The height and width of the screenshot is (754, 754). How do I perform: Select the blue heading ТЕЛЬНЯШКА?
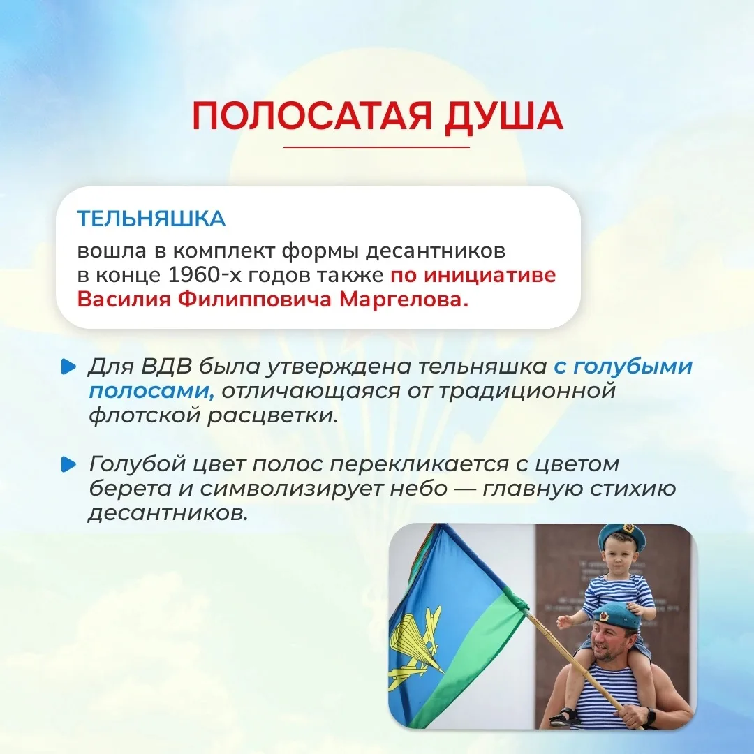(151, 219)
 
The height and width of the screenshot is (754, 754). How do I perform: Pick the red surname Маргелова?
(404, 300)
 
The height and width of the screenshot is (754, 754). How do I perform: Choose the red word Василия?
(124, 300)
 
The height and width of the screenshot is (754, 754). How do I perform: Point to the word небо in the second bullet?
(418, 489)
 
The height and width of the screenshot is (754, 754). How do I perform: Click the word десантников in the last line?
(168, 514)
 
